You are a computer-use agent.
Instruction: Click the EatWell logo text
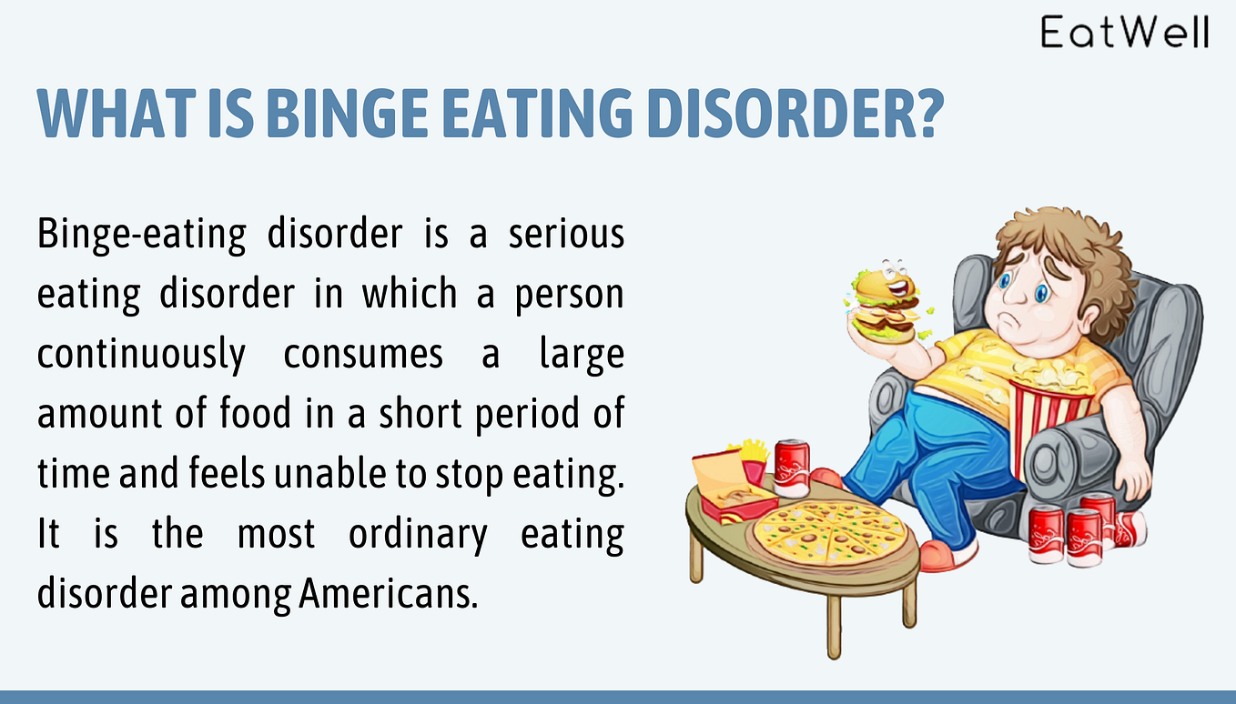(x=1125, y=33)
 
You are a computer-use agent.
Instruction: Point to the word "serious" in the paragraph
(x=566, y=234)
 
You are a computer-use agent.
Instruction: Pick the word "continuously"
(x=141, y=354)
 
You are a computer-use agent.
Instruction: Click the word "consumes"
(x=363, y=354)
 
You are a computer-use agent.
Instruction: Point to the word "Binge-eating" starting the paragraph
(x=141, y=234)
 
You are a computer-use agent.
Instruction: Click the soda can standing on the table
(x=792, y=467)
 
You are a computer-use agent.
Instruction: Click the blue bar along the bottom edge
(x=618, y=697)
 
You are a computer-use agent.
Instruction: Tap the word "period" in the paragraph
(x=529, y=414)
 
